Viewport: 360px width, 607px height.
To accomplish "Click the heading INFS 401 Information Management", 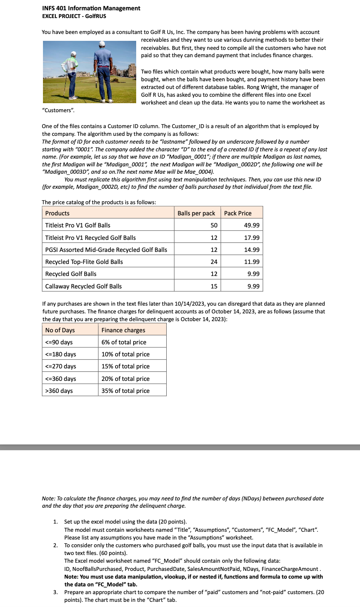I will (91, 8).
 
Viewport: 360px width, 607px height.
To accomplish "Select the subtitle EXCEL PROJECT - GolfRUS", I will (74, 16).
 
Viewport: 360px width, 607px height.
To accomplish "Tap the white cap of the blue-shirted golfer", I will (102, 43).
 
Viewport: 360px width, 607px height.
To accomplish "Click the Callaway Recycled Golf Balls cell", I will (83, 286).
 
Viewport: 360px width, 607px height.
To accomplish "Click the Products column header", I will (57, 213).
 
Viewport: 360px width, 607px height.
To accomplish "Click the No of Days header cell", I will (60, 330).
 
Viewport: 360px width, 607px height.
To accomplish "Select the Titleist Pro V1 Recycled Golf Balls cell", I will (90, 238).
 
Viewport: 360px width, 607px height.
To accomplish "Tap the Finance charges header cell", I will (123, 330).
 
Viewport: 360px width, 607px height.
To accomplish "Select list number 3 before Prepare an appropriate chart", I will (55, 592).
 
